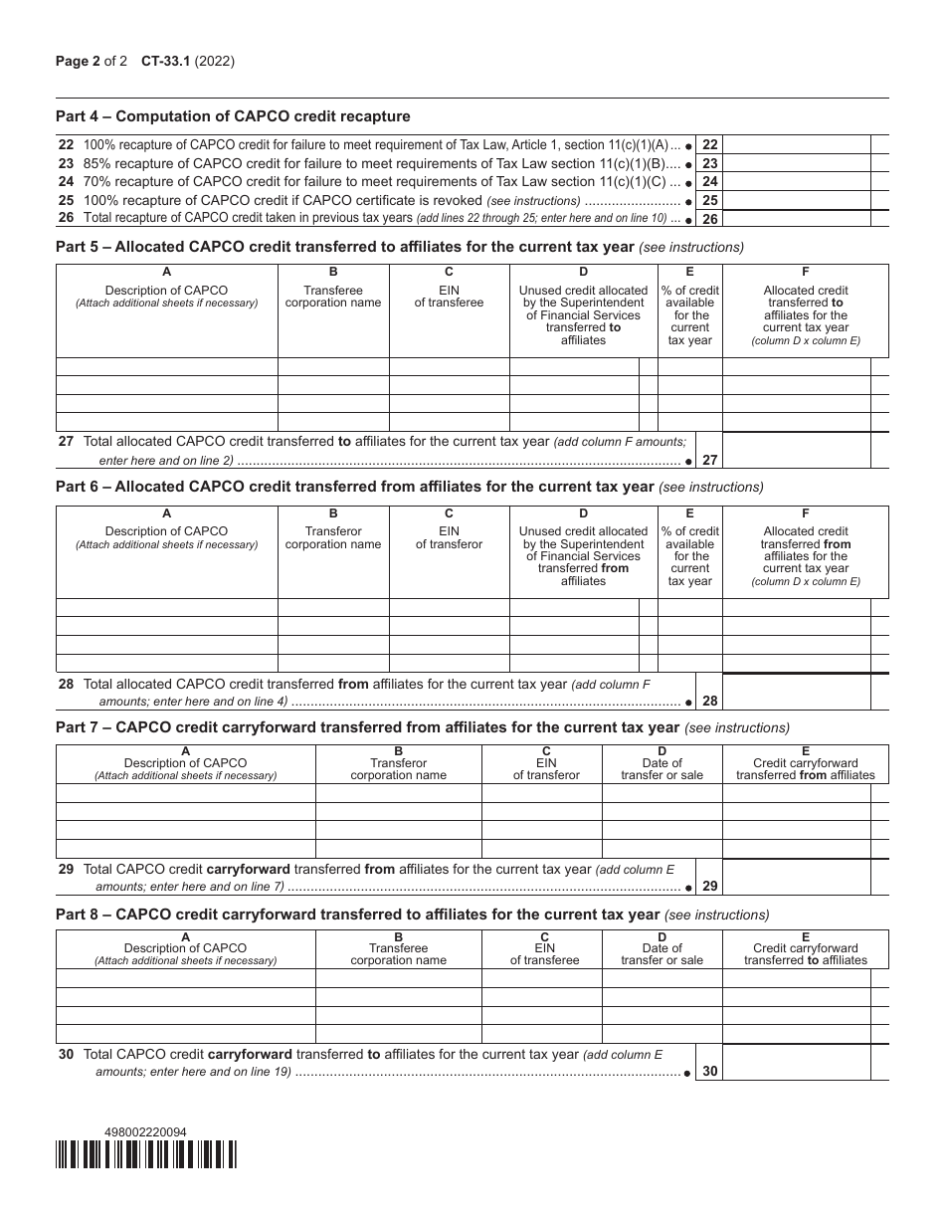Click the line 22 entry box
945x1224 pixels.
tap(797, 144)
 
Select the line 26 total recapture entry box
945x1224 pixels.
tap(797, 219)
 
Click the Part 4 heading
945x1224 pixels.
tap(233, 116)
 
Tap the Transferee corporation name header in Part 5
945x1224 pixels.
tap(333, 297)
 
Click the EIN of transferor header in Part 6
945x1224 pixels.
tap(449, 538)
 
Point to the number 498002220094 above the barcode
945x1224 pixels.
tap(145, 1131)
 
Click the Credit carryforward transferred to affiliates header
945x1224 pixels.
tap(805, 954)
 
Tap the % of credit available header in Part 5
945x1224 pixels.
tap(689, 315)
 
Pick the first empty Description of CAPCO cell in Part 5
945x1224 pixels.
tap(166, 367)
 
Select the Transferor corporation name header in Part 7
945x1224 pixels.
tap(398, 769)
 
